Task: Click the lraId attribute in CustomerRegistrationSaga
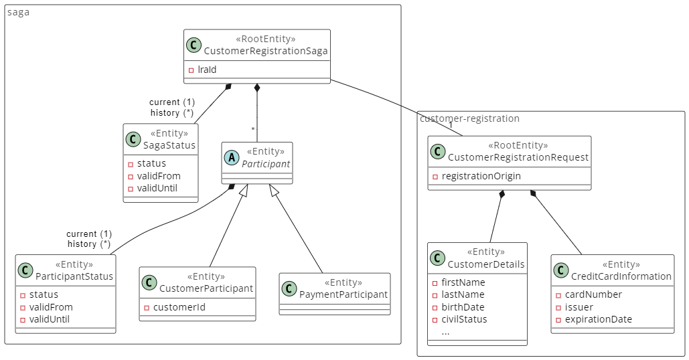tap(207, 70)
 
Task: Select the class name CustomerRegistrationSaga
tap(265, 51)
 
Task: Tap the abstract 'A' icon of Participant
tap(232, 158)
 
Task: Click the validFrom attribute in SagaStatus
tap(159, 176)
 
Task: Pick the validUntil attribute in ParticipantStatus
tap(49, 319)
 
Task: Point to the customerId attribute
tap(179, 307)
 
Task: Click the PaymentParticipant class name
tap(343, 294)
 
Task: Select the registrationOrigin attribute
tap(481, 176)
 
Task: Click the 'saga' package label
tap(18, 12)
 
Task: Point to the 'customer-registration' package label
tap(469, 118)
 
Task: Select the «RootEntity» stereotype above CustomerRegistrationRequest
tap(518, 145)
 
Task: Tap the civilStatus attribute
tap(464, 319)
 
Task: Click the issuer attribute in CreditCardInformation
tap(579, 307)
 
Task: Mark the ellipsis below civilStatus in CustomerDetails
tap(445, 332)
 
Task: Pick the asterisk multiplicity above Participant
tap(253, 129)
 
